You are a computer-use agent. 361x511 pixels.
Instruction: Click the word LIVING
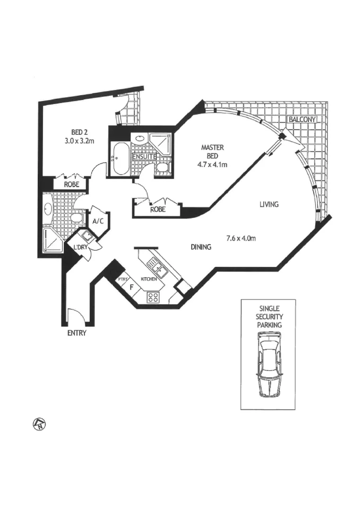(269, 205)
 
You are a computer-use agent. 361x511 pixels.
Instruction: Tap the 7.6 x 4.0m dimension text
(241, 238)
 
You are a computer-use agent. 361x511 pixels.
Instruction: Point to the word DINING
(201, 247)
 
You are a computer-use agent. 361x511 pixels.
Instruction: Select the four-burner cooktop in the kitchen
(154, 298)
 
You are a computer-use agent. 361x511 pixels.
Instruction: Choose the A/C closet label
(98, 220)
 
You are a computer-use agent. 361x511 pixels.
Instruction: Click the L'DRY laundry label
(79, 247)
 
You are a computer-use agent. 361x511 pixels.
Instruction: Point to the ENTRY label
(77, 333)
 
